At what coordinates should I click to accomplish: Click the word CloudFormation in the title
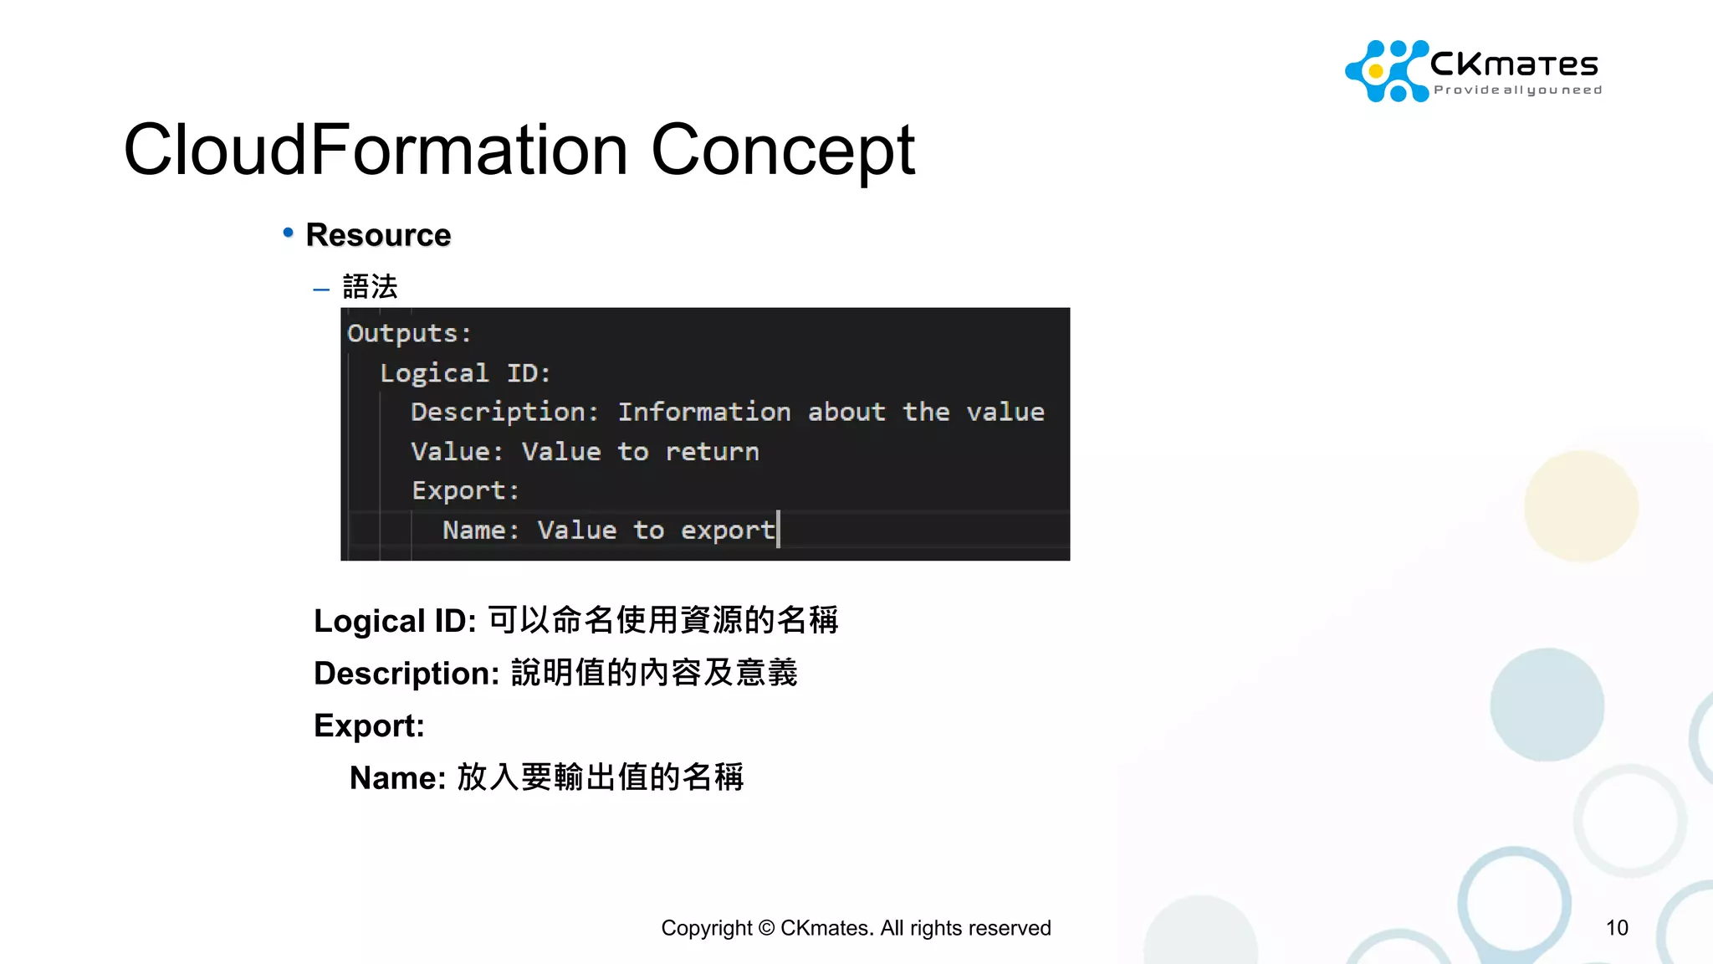pos(376,151)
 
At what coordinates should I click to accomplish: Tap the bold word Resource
pos(378,235)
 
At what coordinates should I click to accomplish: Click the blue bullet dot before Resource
pos(288,233)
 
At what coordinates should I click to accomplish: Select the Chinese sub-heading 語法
pos(370,287)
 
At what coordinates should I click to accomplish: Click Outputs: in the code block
pos(409,333)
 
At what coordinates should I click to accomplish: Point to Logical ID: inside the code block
pos(465,372)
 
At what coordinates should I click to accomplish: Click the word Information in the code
pos(704,412)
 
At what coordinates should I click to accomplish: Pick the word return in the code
pos(712,452)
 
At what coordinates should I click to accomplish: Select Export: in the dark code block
pos(465,490)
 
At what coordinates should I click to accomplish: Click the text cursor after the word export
pos(779,530)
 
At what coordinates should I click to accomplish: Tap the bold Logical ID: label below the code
pos(395,621)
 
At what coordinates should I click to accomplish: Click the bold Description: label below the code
pos(407,673)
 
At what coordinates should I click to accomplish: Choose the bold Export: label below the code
pos(369,726)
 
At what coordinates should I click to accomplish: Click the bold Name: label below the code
pos(397,777)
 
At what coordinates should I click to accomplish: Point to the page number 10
pos(1616,927)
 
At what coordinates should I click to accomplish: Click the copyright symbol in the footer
pos(766,928)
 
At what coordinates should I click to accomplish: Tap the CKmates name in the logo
pos(1514,64)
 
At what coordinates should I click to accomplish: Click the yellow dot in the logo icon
pos(1376,71)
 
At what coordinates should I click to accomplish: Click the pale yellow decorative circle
pos(1580,506)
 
